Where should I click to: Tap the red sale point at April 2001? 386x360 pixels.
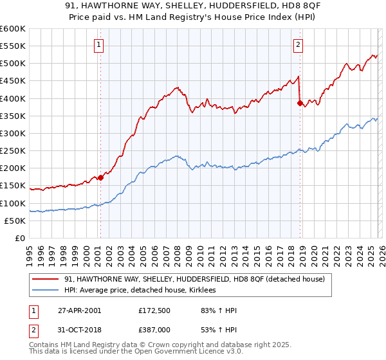click(x=100, y=177)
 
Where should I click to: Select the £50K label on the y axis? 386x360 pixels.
click(x=15, y=221)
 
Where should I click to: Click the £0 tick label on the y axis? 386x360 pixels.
click(x=19, y=238)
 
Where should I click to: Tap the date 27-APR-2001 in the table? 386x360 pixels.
click(x=79, y=310)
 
